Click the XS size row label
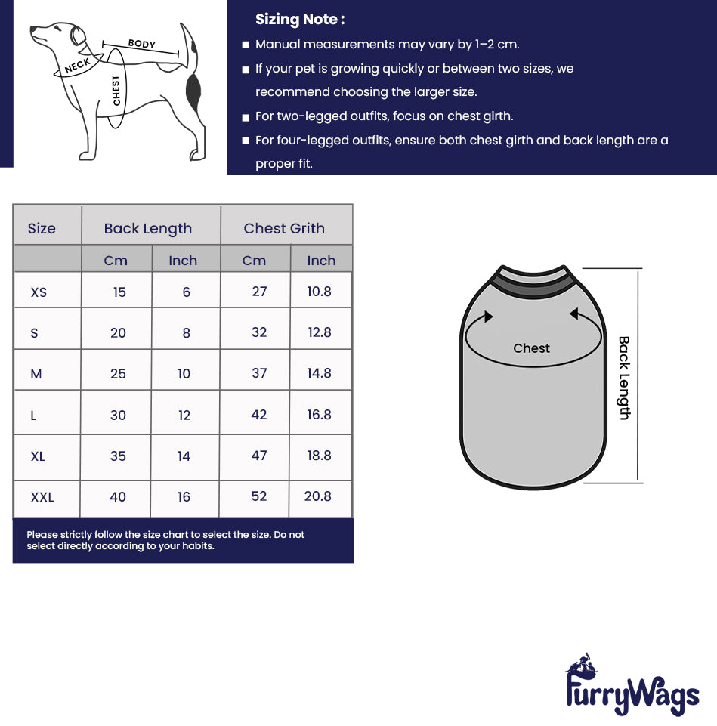click(39, 292)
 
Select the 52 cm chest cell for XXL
click(259, 496)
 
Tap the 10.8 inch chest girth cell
click(319, 292)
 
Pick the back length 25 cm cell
click(118, 374)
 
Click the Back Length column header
click(148, 228)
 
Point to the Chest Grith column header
click(284, 228)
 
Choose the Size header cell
click(42, 228)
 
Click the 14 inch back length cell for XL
click(184, 456)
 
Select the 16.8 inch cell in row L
click(319, 415)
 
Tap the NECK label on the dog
click(77, 66)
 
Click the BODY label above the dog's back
click(141, 44)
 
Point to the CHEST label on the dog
click(116, 90)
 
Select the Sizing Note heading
click(300, 20)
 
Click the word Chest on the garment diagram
click(531, 348)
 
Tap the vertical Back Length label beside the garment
click(624, 378)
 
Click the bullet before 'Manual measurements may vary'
click(246, 45)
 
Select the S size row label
click(34, 332)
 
